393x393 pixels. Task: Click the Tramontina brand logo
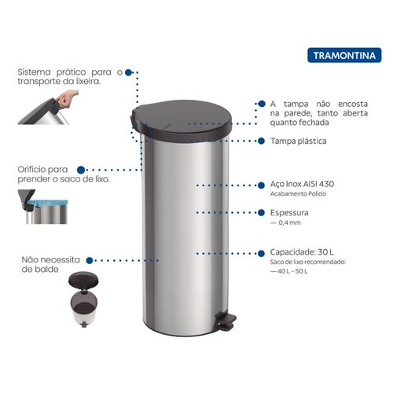pos(344,55)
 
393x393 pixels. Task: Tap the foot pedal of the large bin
pos(226,321)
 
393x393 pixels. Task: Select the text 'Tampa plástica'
pos(299,141)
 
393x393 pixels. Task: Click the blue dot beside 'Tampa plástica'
pos(261,141)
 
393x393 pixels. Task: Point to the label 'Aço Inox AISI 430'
pos(302,184)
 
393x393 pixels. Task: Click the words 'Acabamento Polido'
pos(298,194)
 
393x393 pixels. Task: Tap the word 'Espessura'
pos(289,213)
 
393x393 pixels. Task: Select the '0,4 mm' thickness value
pos(289,222)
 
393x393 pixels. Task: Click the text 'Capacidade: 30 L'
pos(302,252)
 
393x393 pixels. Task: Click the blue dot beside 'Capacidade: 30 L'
pos(261,253)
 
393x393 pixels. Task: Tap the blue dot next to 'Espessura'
pos(261,212)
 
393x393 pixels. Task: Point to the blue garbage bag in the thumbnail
pos(48,203)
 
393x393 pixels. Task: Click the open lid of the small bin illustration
pos(83,279)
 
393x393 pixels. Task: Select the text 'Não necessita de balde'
pos(50,264)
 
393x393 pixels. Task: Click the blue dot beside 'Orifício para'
pos(81,170)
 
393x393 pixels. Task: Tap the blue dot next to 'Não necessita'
pos(90,260)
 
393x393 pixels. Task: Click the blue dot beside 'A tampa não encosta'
pos(262,104)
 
